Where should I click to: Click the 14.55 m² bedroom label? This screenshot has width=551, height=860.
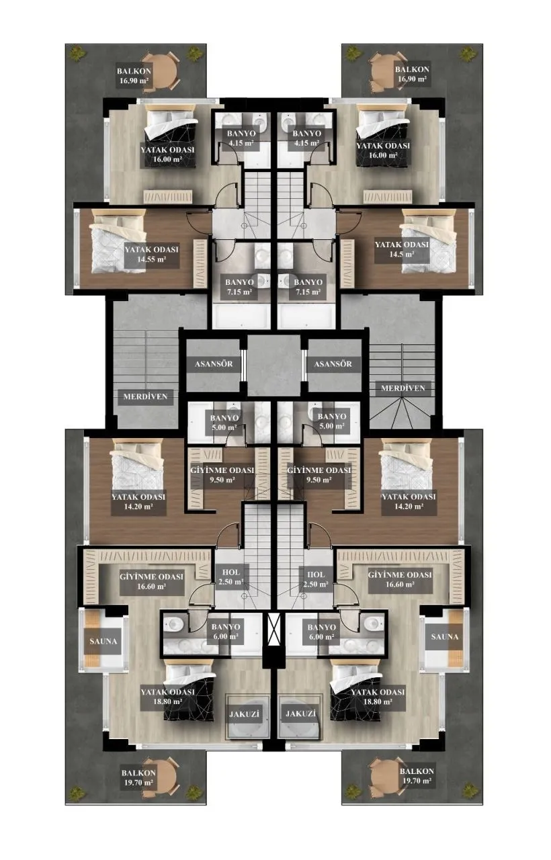[x=151, y=254]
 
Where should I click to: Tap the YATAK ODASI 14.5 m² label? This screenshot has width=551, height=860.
[x=402, y=249]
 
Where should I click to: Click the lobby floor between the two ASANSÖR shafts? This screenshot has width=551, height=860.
[x=273, y=365]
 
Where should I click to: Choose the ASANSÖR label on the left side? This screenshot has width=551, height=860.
[x=214, y=363]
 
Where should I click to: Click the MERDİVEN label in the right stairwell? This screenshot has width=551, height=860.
[x=402, y=388]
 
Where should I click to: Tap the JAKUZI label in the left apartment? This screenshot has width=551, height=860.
[x=244, y=714]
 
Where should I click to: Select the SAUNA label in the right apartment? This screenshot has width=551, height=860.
[x=445, y=636]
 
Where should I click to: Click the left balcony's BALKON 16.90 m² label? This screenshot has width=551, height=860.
[x=134, y=76]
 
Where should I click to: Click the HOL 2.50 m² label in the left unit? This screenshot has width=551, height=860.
[x=230, y=577]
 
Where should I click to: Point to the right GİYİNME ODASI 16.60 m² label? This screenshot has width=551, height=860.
[x=400, y=580]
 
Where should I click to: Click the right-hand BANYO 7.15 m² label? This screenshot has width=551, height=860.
[x=307, y=287]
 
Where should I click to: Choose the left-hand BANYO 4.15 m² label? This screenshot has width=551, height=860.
[x=241, y=138]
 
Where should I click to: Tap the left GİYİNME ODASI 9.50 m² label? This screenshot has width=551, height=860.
[x=222, y=475]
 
